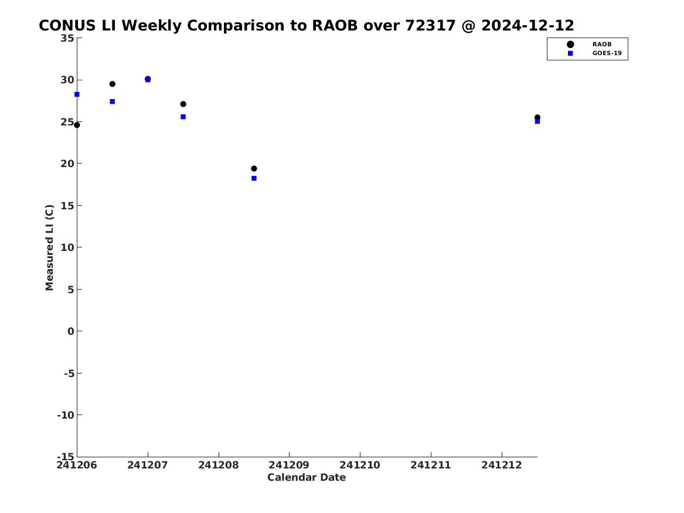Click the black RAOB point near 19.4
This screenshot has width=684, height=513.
(x=254, y=168)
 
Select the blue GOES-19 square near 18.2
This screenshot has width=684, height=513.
(x=254, y=178)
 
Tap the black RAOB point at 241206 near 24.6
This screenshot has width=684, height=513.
(x=77, y=125)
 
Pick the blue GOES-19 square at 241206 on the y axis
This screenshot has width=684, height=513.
(x=77, y=94)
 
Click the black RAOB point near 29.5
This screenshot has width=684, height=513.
(x=112, y=84)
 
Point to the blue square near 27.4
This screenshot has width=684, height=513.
(x=112, y=101)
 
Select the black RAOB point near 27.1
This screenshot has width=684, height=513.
(x=183, y=104)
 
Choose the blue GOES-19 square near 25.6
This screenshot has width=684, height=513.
(x=183, y=117)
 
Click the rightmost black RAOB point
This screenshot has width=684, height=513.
(x=537, y=117)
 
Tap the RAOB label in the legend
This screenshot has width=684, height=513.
(x=602, y=44)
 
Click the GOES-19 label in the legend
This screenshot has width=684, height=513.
(x=607, y=53)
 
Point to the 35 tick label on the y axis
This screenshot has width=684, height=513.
(x=67, y=38)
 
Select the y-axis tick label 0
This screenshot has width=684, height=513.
(x=71, y=331)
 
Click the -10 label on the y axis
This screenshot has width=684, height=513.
(x=66, y=415)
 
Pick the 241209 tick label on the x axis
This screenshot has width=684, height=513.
(x=289, y=465)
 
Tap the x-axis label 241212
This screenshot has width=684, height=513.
(x=502, y=465)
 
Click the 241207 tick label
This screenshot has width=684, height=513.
(x=148, y=465)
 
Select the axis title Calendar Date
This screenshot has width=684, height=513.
(x=307, y=477)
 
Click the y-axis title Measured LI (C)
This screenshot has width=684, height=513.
(x=49, y=247)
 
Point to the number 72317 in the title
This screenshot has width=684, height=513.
(x=431, y=25)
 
